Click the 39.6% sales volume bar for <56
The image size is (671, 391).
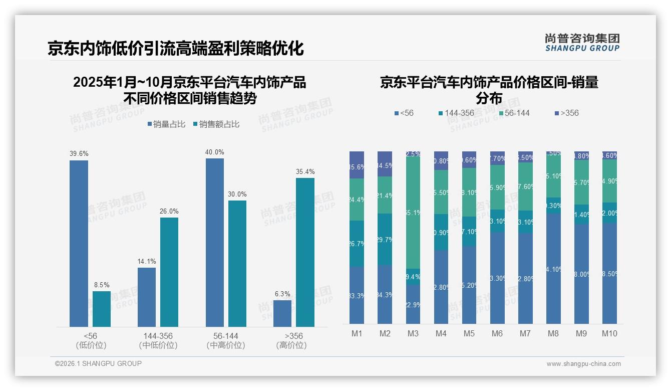tap(79, 244)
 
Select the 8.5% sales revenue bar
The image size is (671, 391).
tap(102, 309)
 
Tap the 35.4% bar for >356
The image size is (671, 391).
tap(305, 252)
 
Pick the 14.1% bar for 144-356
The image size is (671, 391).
tap(147, 297)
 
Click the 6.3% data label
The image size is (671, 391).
tap(282, 294)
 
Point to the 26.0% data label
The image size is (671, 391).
tap(169, 211)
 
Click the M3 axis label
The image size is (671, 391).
tap(413, 333)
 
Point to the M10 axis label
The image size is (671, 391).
tap(609, 333)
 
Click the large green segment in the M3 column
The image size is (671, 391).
tap(413, 213)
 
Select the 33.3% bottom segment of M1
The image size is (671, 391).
tap(357, 295)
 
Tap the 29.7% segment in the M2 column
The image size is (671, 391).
tap(385, 239)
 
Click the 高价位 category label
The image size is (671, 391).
tap(291, 345)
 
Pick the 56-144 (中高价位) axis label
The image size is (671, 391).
tap(225, 340)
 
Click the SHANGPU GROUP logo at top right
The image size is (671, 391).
tap(582, 43)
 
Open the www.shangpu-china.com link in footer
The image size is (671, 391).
tap(583, 364)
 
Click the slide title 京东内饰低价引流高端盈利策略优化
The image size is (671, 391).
tap(176, 49)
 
